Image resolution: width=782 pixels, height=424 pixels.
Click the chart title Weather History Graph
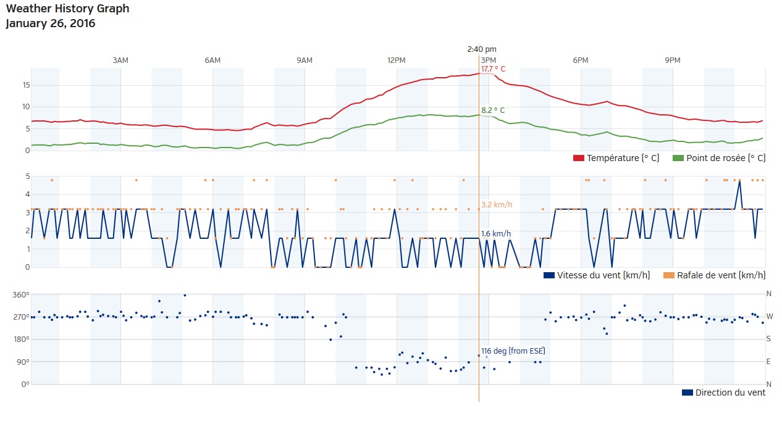click(67, 9)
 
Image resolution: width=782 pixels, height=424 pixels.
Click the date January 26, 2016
click(50, 24)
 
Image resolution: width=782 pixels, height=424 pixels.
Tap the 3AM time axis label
click(120, 60)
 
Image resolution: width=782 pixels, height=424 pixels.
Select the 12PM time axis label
click(397, 60)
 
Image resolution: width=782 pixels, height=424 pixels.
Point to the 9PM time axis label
click(673, 60)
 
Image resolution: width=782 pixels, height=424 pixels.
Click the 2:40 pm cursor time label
click(482, 49)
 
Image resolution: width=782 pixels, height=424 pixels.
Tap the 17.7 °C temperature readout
click(493, 69)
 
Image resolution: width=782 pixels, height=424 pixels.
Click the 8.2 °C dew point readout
click(493, 110)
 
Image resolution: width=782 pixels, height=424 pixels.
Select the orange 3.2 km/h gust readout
click(497, 204)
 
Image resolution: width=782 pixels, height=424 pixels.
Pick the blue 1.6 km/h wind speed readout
click(496, 234)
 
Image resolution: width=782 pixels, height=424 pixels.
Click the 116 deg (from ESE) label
click(513, 351)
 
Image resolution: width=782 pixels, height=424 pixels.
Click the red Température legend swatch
click(579, 158)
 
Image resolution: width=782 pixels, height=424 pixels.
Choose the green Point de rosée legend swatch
click(678, 158)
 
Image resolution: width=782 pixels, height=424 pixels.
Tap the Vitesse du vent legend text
click(603, 275)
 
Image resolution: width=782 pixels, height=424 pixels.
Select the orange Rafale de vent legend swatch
click(668, 275)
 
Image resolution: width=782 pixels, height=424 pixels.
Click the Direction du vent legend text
click(730, 393)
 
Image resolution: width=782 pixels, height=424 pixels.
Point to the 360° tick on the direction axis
click(20, 294)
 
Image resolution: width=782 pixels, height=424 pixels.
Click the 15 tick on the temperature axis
click(25, 85)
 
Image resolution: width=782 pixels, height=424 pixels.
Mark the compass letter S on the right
click(769, 339)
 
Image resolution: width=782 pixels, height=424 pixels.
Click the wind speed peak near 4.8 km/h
click(739, 181)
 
